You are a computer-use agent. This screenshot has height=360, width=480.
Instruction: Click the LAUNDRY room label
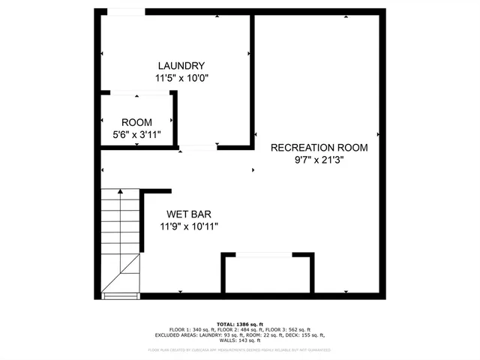[181, 65]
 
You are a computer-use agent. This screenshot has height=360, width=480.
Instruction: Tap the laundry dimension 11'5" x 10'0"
[181, 77]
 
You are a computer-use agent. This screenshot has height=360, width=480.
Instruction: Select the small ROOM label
[136, 122]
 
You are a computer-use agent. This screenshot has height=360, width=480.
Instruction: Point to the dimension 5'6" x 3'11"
[136, 135]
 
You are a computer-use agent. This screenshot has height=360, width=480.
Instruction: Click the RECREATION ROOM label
[319, 148]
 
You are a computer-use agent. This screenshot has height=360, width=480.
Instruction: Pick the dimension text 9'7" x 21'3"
[319, 160]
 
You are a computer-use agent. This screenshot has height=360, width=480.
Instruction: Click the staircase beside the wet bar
[120, 240]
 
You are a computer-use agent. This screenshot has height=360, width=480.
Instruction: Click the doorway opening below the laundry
[198, 148]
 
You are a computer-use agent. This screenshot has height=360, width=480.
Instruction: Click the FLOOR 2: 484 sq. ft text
[244, 329]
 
